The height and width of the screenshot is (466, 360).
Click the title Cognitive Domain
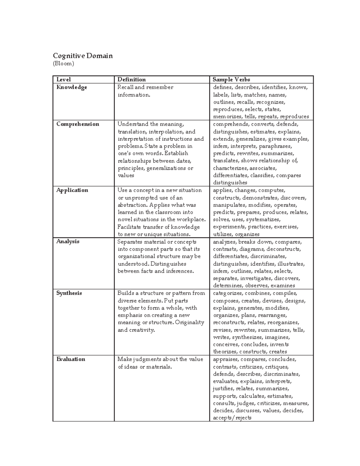pos(83,56)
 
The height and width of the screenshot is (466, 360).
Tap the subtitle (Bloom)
pos(63,64)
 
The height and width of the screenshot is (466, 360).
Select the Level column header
pos(64,80)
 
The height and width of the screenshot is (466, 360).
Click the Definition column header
pos(131,80)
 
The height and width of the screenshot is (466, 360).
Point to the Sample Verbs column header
pos(231,80)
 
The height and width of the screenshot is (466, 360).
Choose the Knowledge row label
pos(72,87)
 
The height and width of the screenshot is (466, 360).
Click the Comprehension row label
pos(78,124)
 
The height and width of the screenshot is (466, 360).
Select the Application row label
pos(72,190)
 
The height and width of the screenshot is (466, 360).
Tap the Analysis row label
pos(68,242)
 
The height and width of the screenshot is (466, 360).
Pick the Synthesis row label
pos(69,293)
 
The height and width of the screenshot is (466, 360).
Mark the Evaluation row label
pos(71,359)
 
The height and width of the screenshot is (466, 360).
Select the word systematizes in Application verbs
pos(263,220)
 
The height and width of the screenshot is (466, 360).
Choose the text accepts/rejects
pos(232,418)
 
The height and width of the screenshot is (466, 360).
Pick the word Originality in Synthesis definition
pos(190,323)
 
